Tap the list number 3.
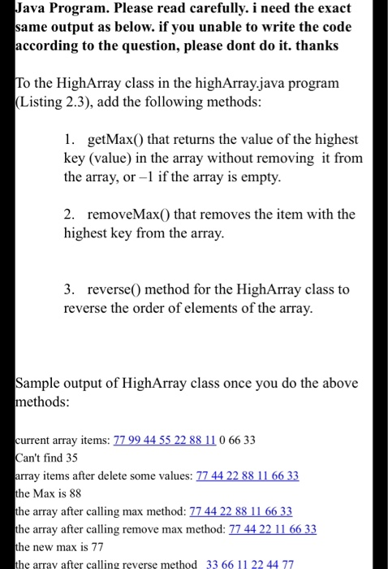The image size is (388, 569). pos(69,289)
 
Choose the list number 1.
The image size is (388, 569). pos(69,140)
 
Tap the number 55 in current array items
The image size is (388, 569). pos(177,440)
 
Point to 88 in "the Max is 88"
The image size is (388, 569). pos(72,493)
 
